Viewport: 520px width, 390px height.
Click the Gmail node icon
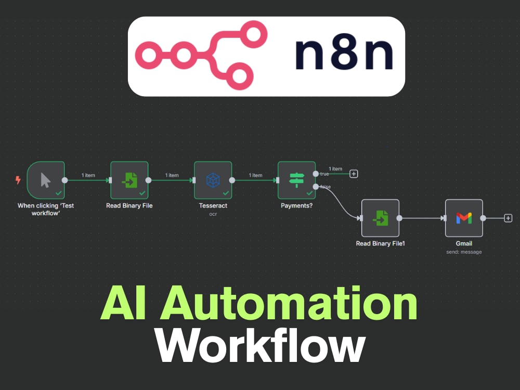[x=464, y=218]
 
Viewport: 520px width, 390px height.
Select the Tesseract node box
[x=213, y=180]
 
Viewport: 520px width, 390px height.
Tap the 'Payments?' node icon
[x=296, y=180]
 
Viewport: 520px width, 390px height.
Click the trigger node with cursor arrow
[x=46, y=180]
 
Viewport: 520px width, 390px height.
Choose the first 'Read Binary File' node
[x=129, y=180]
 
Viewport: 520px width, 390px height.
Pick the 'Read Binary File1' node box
[x=381, y=218]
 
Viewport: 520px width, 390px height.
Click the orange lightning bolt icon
[x=18, y=180]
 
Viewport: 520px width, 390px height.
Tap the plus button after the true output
[x=354, y=174]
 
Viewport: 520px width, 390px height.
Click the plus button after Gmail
[x=508, y=218]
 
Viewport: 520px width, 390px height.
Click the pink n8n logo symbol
[x=201, y=55]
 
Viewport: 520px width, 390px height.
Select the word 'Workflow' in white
[x=261, y=346]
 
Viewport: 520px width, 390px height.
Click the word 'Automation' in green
[x=289, y=303]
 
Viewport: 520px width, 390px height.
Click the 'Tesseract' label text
[x=213, y=205]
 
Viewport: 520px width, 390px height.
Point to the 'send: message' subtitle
[x=464, y=252]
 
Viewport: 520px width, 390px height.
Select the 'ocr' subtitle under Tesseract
[x=213, y=214]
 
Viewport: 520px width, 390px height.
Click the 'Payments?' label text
[x=296, y=205]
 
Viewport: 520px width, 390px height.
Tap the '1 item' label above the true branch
[x=335, y=169]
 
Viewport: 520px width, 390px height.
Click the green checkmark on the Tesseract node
[x=226, y=193]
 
